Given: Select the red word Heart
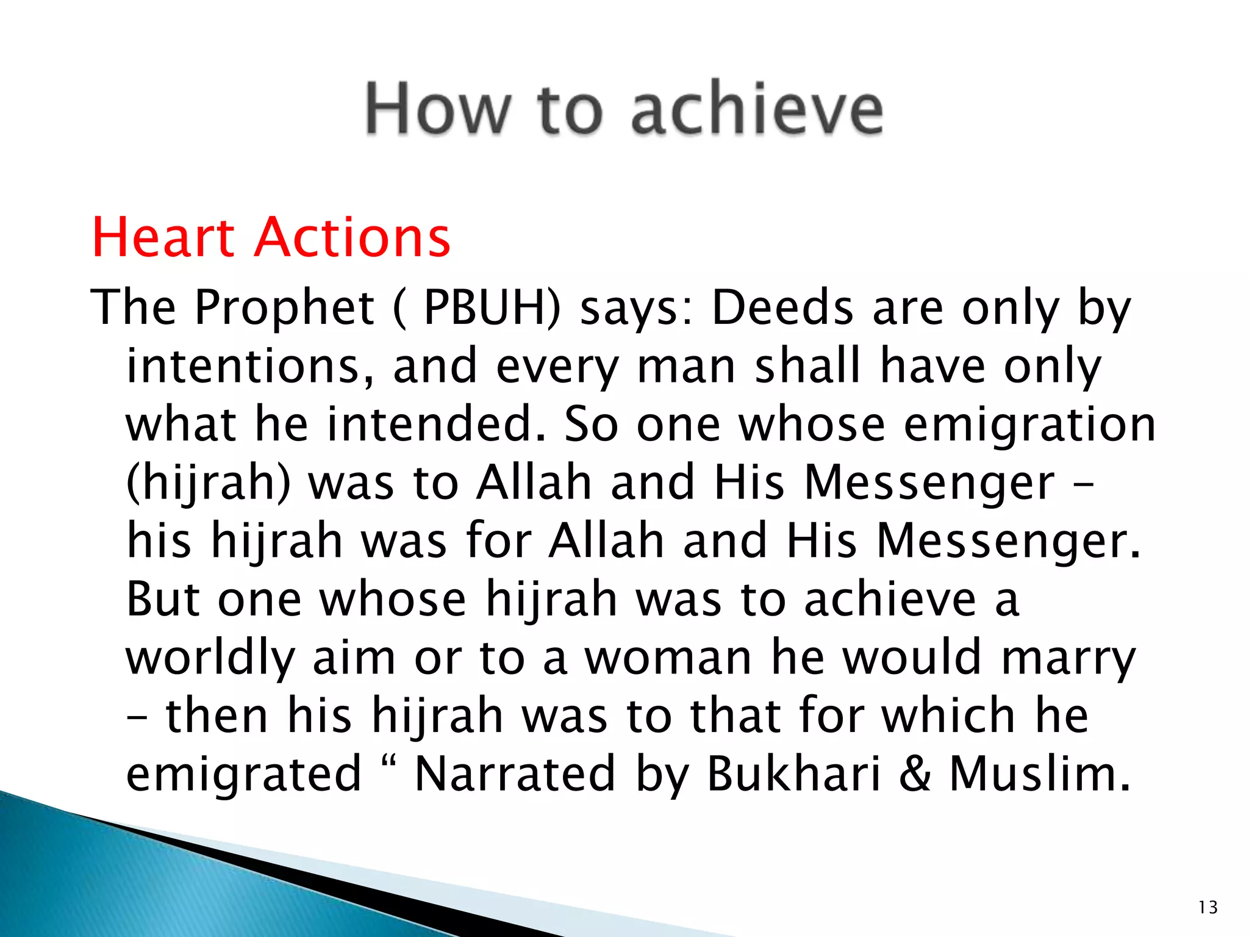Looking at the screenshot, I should click(x=163, y=237).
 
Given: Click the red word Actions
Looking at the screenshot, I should click(x=353, y=237).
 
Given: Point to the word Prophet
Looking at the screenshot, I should click(x=284, y=307).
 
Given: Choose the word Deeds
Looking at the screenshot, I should click(x=782, y=307).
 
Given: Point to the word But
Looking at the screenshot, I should click(x=162, y=600).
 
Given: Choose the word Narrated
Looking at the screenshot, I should click(x=515, y=774).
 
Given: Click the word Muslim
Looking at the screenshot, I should click(x=1039, y=774).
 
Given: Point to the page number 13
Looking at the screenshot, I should click(x=1208, y=908).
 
